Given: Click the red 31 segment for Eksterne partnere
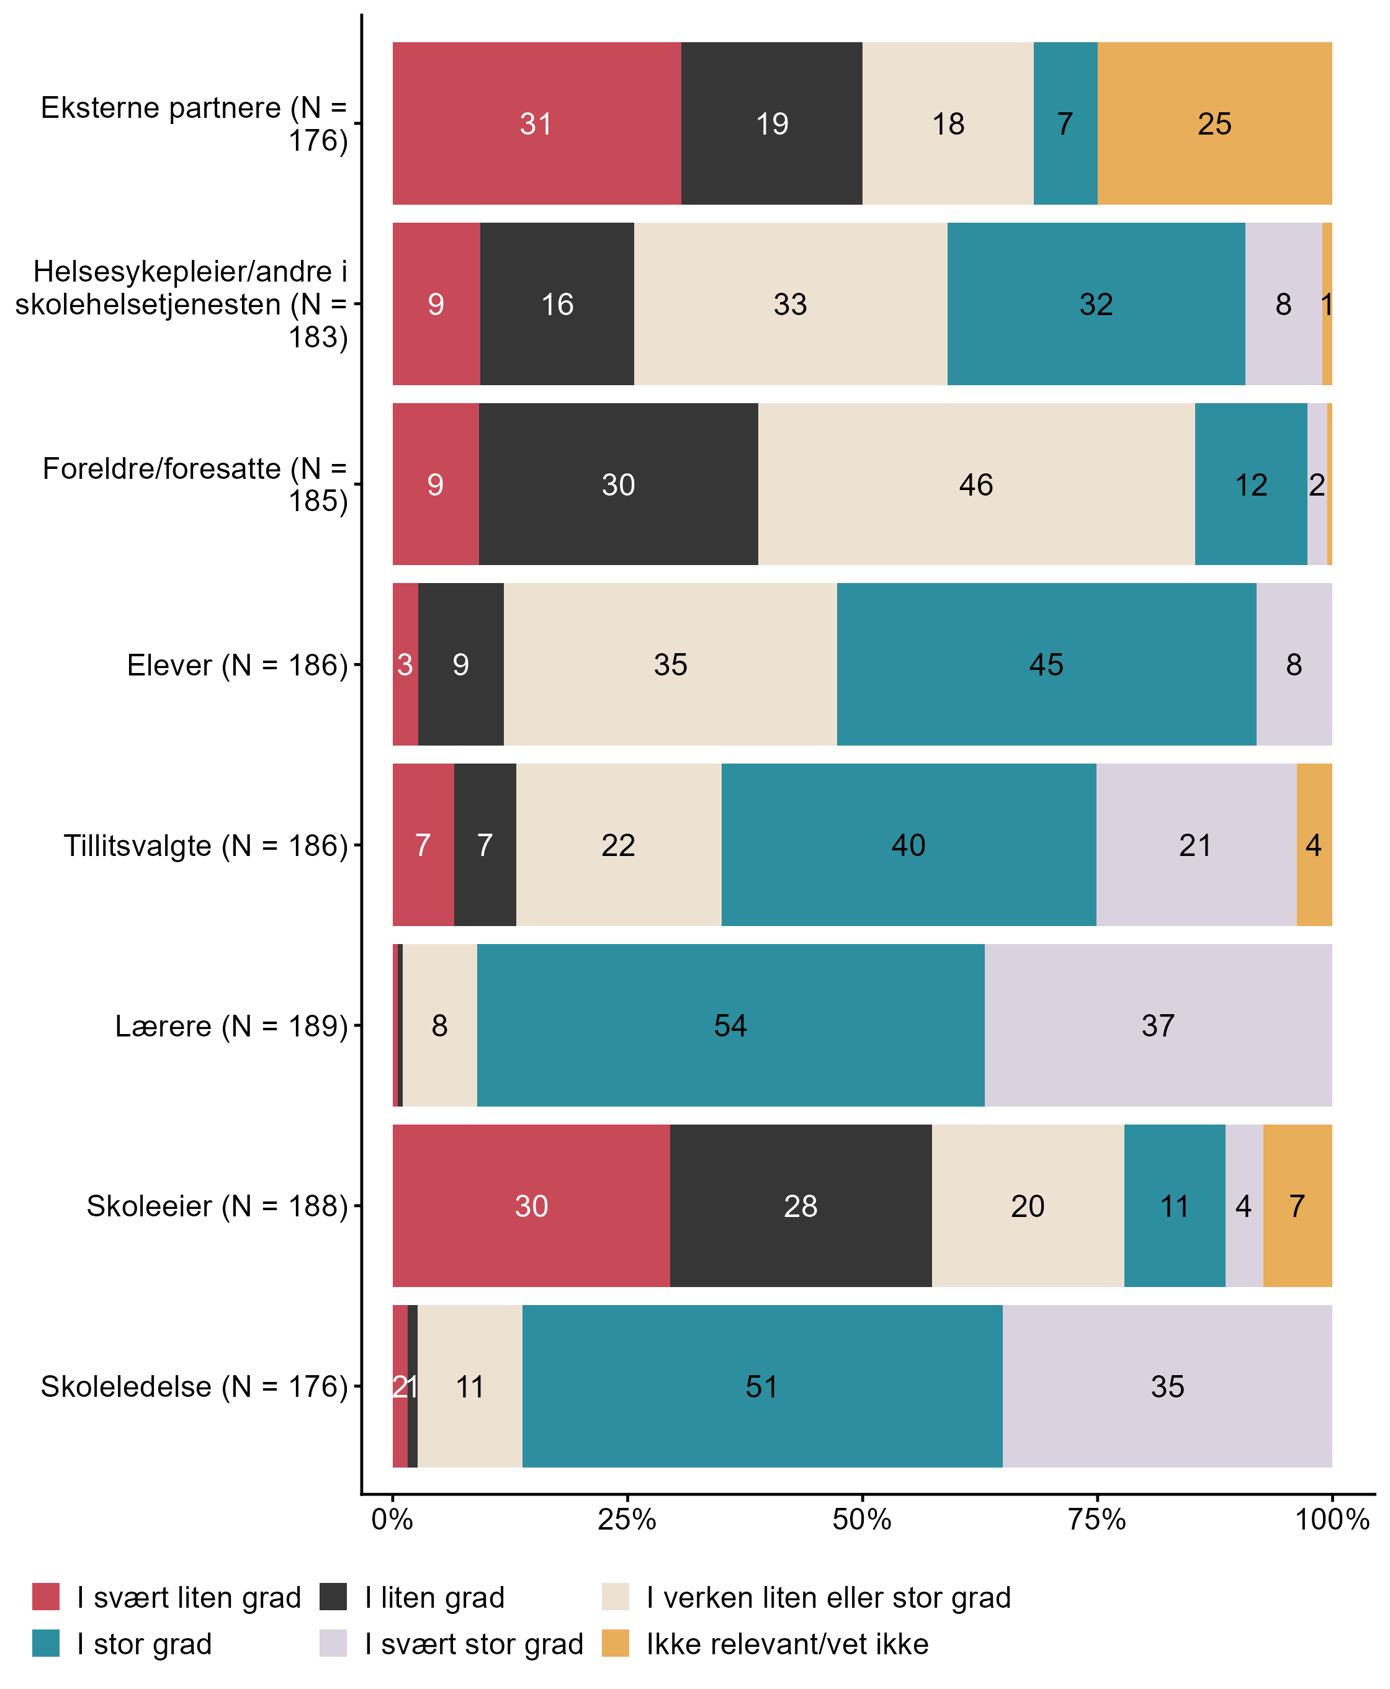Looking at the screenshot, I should coord(536,124).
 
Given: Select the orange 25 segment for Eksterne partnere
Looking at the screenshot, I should coord(1214,124).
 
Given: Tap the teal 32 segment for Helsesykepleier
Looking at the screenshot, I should coord(1095,304).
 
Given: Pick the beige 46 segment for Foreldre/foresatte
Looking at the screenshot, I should coord(975,484).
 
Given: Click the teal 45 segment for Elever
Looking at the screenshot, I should coord(1046,664).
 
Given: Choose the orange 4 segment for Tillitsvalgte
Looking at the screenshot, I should coord(1314,845).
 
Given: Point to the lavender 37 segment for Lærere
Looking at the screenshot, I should coord(1158,1025).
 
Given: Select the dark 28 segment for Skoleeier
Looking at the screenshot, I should coord(800,1206).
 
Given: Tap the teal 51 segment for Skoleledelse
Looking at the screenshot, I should coord(761,1386).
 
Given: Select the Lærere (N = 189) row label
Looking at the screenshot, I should coord(231,1026).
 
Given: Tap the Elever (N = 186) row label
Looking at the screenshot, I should coord(237,665).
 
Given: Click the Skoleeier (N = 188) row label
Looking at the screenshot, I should coord(217,1206).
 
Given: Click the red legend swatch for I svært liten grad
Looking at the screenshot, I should coord(46,1597).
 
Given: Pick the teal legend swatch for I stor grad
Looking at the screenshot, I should coord(46,1643).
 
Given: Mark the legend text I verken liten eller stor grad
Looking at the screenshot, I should coord(828,1598).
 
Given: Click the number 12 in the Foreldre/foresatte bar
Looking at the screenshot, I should coord(1250,485).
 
